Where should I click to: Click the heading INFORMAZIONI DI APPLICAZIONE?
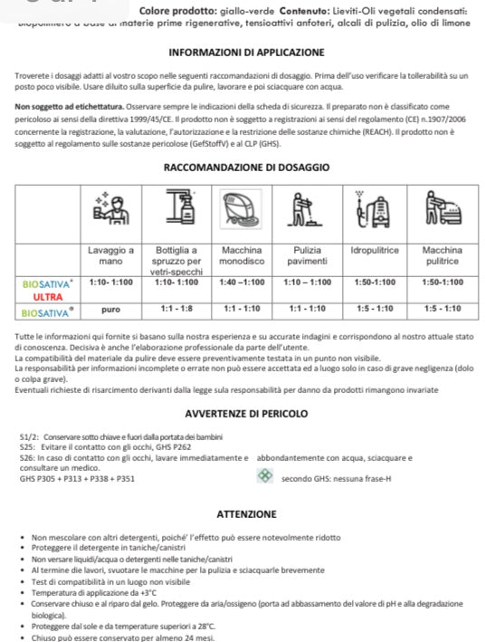pos(246,53)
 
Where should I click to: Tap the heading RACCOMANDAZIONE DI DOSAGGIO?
pos(246,168)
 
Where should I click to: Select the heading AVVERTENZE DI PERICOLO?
pos(246,414)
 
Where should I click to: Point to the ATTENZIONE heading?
pos(246,513)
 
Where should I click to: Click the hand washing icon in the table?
pos(110,214)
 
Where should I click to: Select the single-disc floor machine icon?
pos(242,213)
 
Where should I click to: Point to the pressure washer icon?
pos(375,214)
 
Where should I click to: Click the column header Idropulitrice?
pos(375,249)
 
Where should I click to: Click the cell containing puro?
pos(110,309)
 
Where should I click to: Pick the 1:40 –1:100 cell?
pos(242,283)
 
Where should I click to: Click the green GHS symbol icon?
pos(264,475)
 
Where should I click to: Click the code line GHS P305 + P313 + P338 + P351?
pos(77,478)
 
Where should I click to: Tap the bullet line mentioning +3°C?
pos(89,590)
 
